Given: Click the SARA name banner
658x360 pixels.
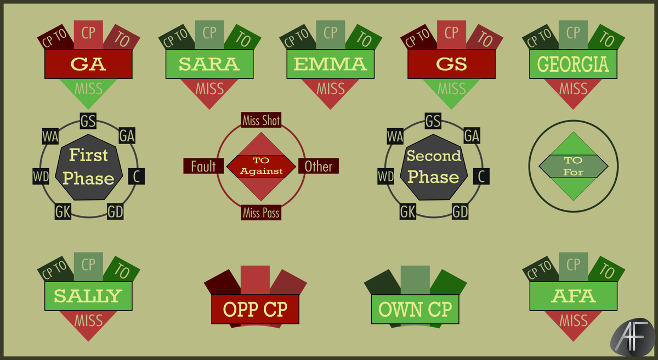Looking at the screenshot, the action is (x=209, y=64).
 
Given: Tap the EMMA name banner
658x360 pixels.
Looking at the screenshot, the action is (x=331, y=64).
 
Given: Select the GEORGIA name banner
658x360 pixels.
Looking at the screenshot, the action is (x=573, y=64).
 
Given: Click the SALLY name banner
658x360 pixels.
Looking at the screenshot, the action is (x=88, y=296).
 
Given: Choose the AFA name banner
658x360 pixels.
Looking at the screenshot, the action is (x=574, y=296).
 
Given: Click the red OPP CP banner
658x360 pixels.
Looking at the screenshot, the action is (x=256, y=309).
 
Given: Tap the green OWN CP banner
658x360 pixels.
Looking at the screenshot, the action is (x=415, y=309).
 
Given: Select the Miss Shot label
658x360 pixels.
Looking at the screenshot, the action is (x=261, y=120).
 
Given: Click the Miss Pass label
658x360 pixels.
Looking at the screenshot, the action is (x=261, y=212).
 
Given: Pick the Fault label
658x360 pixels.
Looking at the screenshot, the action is (x=203, y=166).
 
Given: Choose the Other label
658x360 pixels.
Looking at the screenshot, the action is (x=319, y=166).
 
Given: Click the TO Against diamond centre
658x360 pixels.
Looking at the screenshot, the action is (x=261, y=167).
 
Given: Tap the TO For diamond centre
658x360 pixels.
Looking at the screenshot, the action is (x=574, y=166).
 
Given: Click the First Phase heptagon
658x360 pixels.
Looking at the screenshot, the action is (x=88, y=167).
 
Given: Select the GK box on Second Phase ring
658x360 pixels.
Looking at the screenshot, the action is (x=408, y=212).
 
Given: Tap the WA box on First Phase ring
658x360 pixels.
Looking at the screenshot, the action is (x=50, y=136).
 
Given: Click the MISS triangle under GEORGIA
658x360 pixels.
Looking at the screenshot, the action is (x=573, y=89).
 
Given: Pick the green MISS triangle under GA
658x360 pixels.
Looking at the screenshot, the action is (x=88, y=89).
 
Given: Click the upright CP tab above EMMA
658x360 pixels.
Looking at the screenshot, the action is (x=331, y=35).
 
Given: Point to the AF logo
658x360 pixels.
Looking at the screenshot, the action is (x=632, y=338).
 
